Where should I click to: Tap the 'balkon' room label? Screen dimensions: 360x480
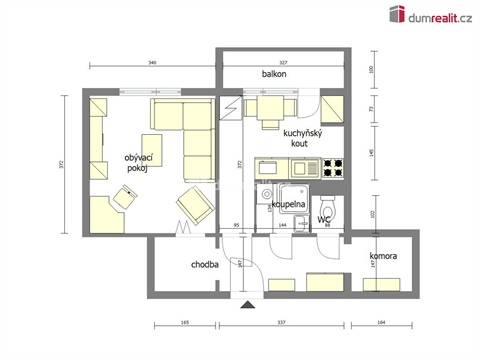pos(275,75)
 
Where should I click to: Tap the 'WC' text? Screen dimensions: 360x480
pos(324,218)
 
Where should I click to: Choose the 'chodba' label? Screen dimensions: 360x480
pos(206,265)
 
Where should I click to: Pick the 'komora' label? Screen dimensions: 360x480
pos(383,257)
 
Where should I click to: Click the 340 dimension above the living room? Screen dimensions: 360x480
pos(151,62)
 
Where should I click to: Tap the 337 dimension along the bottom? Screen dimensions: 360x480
pos(282,323)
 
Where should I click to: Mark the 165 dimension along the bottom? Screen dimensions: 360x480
pos(185,323)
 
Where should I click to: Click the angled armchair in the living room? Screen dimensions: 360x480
pos(194,205)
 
